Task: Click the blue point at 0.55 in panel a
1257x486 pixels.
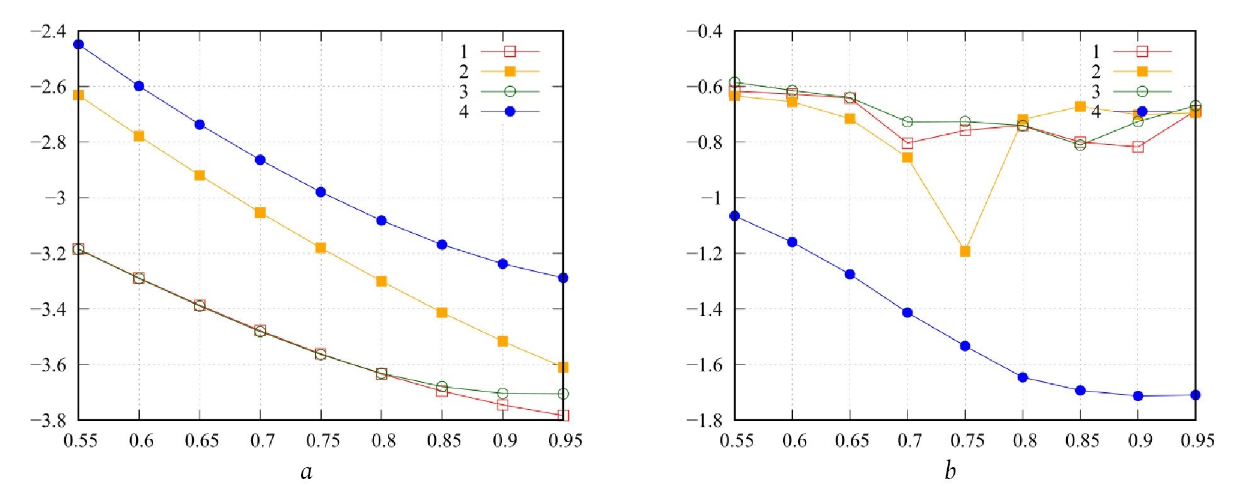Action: pyautogui.click(x=78, y=44)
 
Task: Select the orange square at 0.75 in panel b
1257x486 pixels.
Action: pyautogui.click(x=965, y=251)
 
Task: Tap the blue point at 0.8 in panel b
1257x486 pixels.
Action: pyautogui.click(x=1023, y=377)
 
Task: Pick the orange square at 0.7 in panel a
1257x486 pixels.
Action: pyautogui.click(x=260, y=213)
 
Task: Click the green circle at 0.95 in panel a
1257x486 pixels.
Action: pyautogui.click(x=563, y=393)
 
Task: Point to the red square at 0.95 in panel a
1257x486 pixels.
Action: pyautogui.click(x=563, y=415)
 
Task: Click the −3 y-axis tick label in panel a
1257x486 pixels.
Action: pyautogui.click(x=54, y=198)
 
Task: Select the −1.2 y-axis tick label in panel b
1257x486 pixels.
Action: pyautogui.click(x=704, y=253)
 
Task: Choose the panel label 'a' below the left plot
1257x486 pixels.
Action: pyautogui.click(x=307, y=472)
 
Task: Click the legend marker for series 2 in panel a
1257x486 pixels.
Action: pyautogui.click(x=510, y=71)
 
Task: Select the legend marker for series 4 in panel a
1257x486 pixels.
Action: pyautogui.click(x=510, y=111)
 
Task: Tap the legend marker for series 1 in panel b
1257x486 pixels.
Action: pyautogui.click(x=1142, y=51)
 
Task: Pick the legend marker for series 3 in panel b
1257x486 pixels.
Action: pyautogui.click(x=1142, y=91)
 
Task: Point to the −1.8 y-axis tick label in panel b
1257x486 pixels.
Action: pyautogui.click(x=704, y=420)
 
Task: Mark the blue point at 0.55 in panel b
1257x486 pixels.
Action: pyautogui.click(x=734, y=216)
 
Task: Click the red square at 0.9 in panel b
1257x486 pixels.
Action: pyautogui.click(x=1137, y=147)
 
